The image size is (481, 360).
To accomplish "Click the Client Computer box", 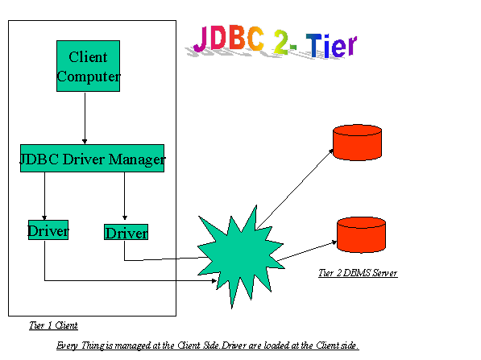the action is point(88,66).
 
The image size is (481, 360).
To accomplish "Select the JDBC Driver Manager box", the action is point(92,158).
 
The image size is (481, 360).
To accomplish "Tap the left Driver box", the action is point(48,230).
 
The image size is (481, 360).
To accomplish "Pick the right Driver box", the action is point(126,232).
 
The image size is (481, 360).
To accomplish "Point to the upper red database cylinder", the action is point(357,143).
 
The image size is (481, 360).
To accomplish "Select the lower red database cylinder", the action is point(361,235).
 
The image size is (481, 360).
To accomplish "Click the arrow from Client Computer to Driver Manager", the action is point(85,118).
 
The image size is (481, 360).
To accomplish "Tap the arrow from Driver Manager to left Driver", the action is point(44,196).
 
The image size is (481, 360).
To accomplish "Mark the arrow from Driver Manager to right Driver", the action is point(125,196).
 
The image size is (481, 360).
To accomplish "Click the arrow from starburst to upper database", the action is point(295,189).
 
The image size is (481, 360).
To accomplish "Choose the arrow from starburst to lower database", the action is point(307,251).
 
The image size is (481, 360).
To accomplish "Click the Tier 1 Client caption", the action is point(53,325).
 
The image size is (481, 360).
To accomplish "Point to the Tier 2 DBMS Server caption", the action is point(358,273).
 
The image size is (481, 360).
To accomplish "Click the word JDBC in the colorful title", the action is point(229,39).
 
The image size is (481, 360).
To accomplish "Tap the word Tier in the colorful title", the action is point(332,45).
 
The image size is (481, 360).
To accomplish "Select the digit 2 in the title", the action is point(281,42).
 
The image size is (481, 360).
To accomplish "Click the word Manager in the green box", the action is point(137,159).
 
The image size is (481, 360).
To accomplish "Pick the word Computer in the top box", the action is point(89,77).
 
